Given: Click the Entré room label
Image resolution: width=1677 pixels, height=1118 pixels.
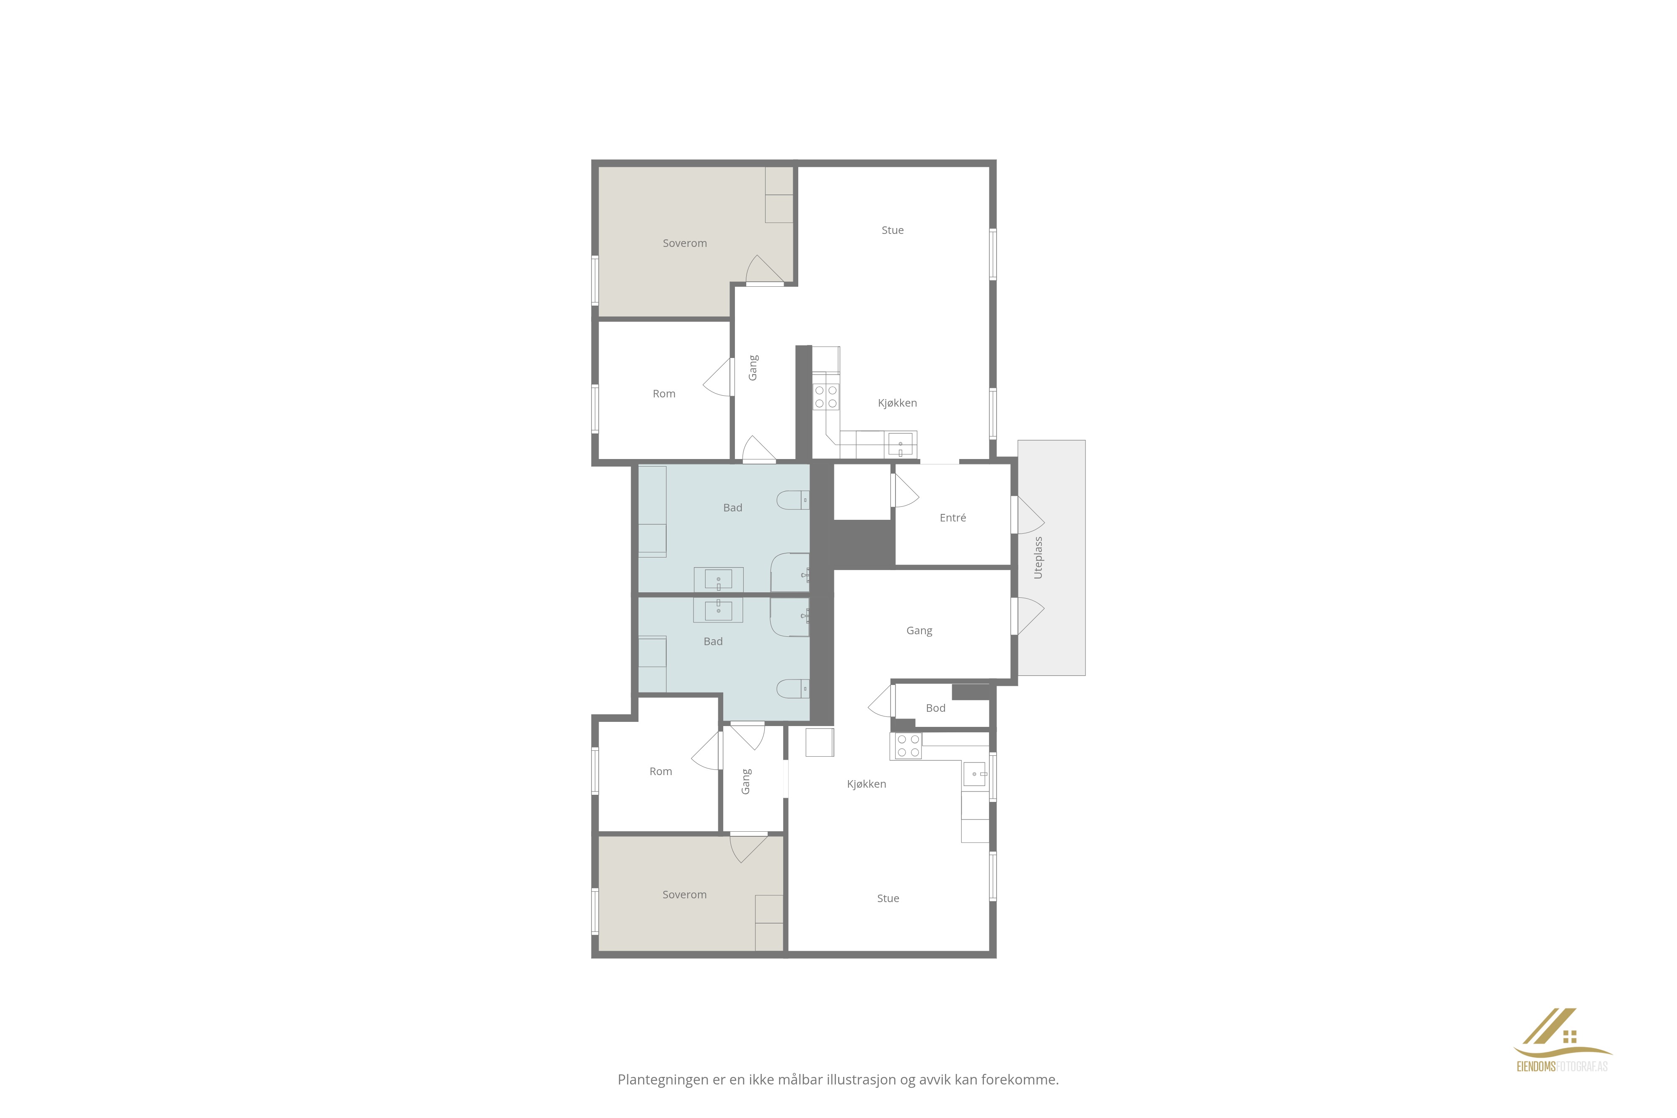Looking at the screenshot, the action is pyautogui.click(x=953, y=518).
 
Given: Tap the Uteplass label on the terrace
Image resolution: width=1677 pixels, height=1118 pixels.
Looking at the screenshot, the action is pyautogui.click(x=1038, y=558).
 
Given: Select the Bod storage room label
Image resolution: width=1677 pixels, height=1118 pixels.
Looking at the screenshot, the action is pyautogui.click(x=935, y=708).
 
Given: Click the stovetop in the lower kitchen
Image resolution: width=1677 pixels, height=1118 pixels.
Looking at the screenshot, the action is pyautogui.click(x=908, y=746).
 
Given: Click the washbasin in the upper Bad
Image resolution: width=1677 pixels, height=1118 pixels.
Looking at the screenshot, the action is pyautogui.click(x=719, y=580).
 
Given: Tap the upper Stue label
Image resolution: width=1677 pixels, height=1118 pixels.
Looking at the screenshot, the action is pyautogui.click(x=893, y=230).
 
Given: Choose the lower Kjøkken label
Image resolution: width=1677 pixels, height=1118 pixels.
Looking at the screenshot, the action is pyautogui.click(x=866, y=784).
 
